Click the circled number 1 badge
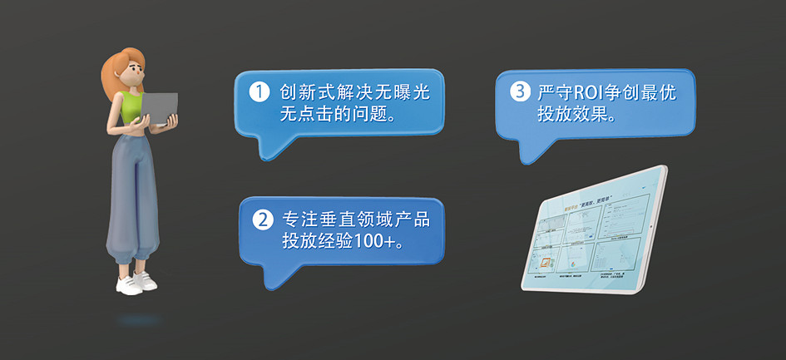[260, 92]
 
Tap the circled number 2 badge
[262, 221]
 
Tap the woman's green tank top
[133, 106]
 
